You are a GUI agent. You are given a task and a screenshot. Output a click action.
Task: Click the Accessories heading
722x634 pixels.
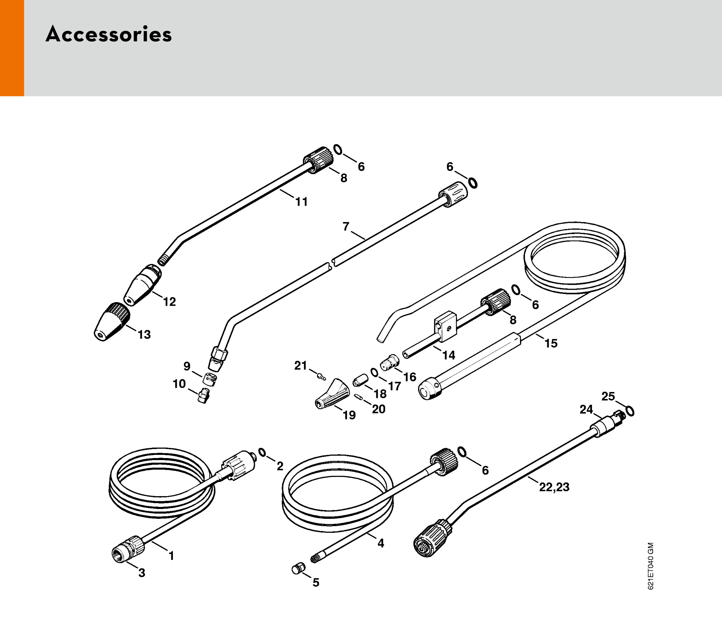pos(108,35)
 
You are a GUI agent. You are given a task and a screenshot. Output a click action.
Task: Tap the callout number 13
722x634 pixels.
pos(144,334)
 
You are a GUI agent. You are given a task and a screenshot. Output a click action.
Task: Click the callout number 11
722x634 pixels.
pos(301,202)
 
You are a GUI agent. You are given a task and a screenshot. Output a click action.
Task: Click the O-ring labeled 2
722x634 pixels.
pos(262,452)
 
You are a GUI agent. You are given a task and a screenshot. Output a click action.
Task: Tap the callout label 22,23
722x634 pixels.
pos(554,487)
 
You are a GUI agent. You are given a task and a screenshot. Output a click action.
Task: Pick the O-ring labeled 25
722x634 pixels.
pos(630,411)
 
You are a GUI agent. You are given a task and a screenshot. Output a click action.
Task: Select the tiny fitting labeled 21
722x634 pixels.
pos(321,377)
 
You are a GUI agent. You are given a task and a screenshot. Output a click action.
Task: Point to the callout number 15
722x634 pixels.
pos(551,343)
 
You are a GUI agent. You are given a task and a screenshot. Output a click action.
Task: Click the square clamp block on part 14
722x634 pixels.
pos(445,326)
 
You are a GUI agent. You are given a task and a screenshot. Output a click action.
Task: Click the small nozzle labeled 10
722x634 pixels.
pos(204,396)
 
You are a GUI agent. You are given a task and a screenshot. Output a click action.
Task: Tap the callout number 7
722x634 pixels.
pos(346,227)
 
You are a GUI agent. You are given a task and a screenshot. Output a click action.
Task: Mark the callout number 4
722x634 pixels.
pos(381,543)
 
